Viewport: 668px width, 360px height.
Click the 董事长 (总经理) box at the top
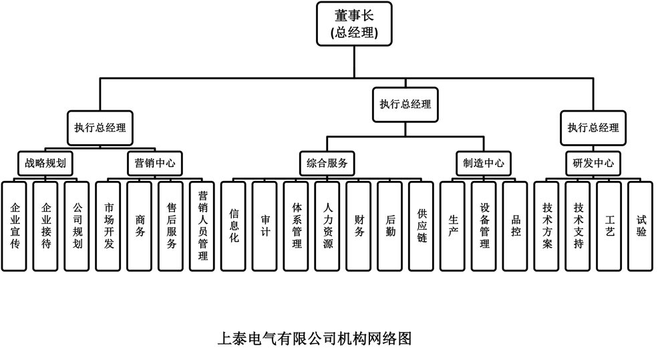353,24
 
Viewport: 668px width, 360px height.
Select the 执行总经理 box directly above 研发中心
593,128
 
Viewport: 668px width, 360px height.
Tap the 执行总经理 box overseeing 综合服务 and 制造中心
405,104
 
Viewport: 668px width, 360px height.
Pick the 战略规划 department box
45,162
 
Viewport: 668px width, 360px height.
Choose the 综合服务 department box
327,162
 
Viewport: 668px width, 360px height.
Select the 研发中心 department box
593,162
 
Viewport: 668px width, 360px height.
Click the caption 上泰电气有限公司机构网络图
315,338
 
